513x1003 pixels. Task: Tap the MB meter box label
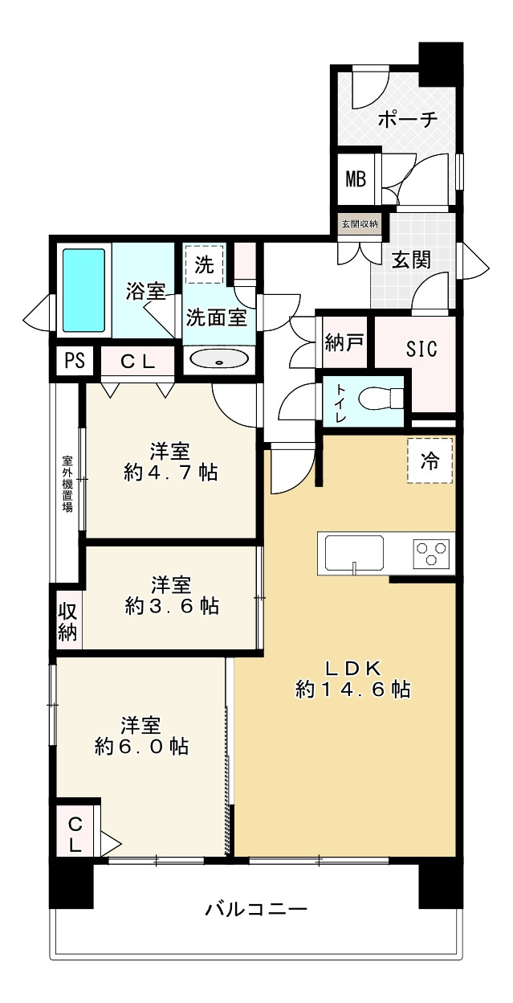click(x=356, y=178)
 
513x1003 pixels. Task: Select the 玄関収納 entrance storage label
click(x=359, y=223)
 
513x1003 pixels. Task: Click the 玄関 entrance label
click(x=411, y=259)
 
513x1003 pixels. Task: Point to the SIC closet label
click(x=421, y=350)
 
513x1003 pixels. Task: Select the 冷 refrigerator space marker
click(x=430, y=461)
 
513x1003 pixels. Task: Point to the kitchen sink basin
click(x=354, y=553)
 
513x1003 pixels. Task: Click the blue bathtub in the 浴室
click(x=83, y=290)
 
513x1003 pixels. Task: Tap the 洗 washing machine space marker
click(x=205, y=266)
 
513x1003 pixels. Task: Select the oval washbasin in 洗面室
click(x=218, y=360)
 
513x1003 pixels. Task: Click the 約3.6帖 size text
click(x=172, y=606)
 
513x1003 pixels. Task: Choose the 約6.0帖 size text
click(x=141, y=746)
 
